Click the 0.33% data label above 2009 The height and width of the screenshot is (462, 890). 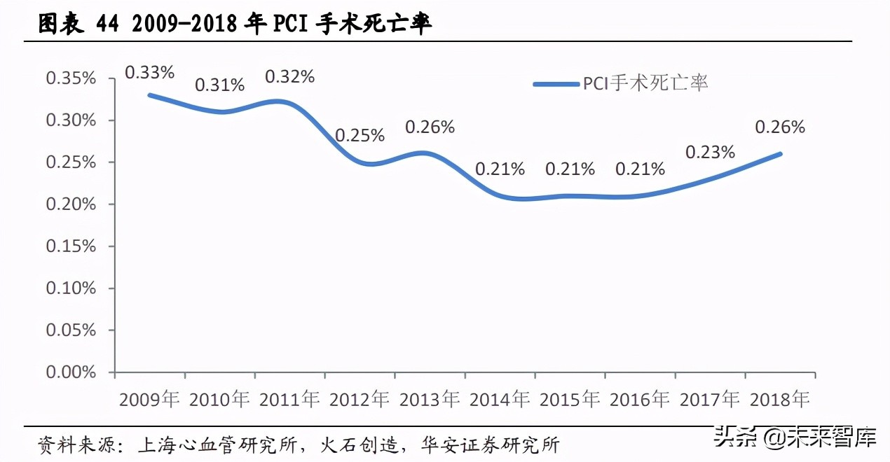coord(149,71)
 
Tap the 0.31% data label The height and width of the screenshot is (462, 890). coord(219,85)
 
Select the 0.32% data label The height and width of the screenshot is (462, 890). coord(289,77)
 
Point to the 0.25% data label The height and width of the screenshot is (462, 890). coord(360,136)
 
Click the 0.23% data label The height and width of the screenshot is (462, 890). coord(710,153)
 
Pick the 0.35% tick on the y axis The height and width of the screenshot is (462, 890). coord(71,78)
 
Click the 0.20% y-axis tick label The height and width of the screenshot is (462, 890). coord(71,204)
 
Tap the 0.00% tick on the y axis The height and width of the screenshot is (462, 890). coord(71,372)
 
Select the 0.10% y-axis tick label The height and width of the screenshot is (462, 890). coord(71,288)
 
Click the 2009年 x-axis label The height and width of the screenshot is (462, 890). coord(149,400)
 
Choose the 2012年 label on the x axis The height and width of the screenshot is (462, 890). coord(360,400)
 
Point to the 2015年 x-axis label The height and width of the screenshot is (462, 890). coord(570,400)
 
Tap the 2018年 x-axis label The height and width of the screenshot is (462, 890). coord(780,400)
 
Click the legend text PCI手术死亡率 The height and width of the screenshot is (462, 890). coord(645,83)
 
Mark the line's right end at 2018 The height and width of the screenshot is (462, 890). coord(780,154)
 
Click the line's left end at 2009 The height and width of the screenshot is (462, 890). coord(149,94)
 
